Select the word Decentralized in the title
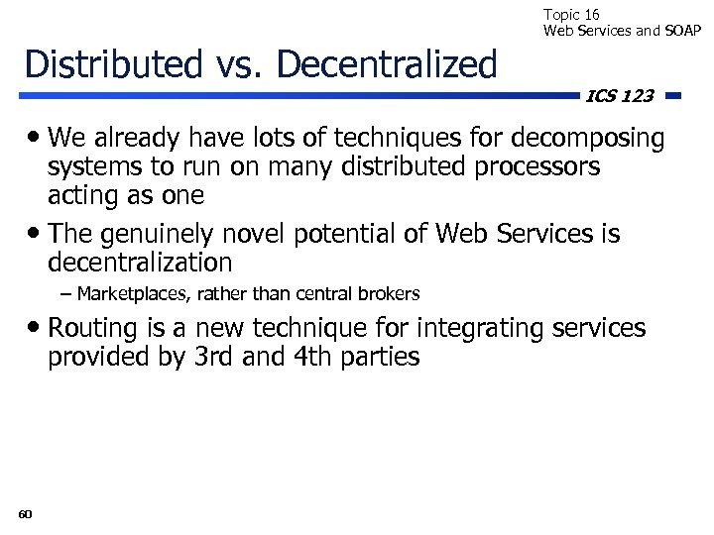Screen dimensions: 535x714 tap(387, 64)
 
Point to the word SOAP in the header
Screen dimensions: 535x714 tap(681, 31)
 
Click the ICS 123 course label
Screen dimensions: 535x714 tap(620, 96)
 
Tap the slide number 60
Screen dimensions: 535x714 tap(25, 513)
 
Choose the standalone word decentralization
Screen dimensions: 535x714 tap(140, 263)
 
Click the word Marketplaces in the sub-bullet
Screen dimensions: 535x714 tap(126, 294)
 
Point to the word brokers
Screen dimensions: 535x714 tap(389, 294)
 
